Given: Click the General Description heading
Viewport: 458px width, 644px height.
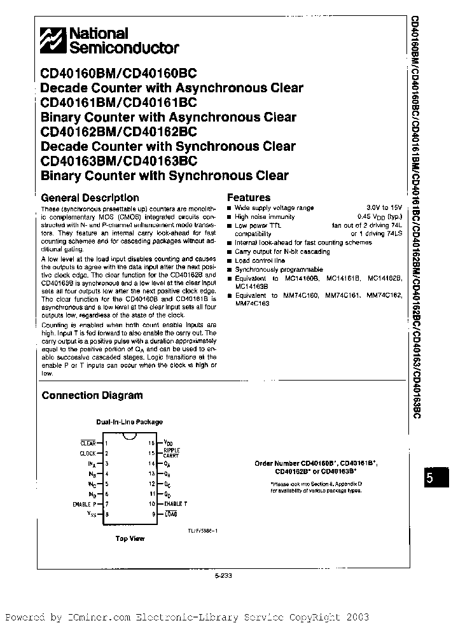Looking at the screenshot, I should pos(90,197).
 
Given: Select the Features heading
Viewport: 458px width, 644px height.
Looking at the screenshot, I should pos(249,197).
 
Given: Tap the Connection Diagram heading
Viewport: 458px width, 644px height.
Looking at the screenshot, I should pos(92,395).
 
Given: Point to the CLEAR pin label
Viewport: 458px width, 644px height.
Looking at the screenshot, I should pos(88,443).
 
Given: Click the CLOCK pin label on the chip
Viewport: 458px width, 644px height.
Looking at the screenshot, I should pos(88,453).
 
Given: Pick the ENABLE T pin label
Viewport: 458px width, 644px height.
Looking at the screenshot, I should pos(177,503).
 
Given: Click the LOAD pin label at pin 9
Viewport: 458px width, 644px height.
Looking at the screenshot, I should pos(171,514).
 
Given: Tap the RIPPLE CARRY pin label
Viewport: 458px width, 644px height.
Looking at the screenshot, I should pos(172,452).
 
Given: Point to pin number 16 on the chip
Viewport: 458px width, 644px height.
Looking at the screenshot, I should pos(151,443).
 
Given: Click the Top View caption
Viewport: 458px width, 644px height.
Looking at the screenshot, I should pos(130,538).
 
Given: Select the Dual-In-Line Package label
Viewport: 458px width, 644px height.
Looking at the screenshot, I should pos(129,422).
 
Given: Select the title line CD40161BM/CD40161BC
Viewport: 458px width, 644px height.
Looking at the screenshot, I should pos(119,102).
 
